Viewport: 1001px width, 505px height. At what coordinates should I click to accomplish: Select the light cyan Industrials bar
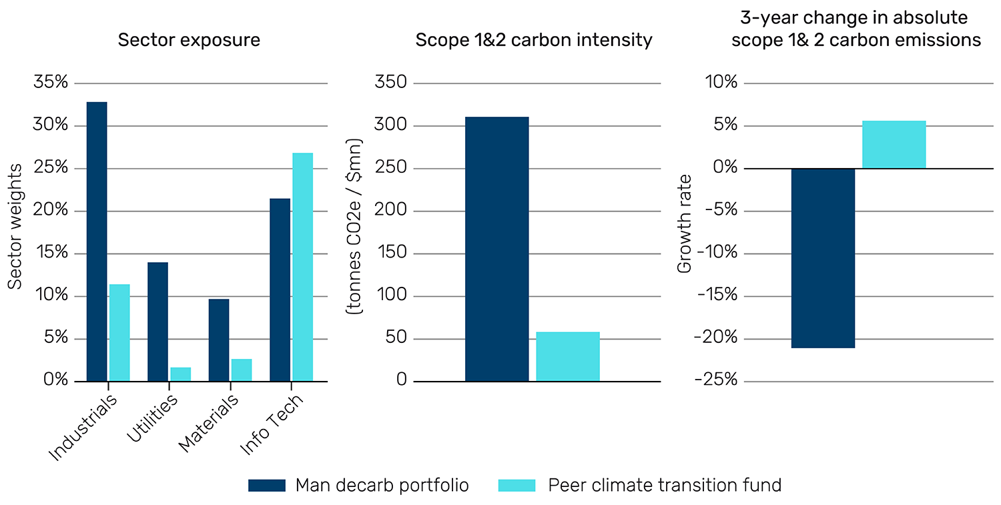click(x=119, y=332)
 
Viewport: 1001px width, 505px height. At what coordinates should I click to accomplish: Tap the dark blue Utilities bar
click(x=157, y=322)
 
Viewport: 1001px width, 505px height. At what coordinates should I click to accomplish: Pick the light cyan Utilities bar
click(x=180, y=374)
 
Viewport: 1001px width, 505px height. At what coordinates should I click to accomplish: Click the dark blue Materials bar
click(x=219, y=340)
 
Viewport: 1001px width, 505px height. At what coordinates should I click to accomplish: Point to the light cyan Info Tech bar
click(x=302, y=267)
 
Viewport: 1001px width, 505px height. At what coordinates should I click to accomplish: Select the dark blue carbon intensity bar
click(x=496, y=249)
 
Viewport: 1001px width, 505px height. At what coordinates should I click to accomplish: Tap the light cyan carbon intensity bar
click(x=568, y=356)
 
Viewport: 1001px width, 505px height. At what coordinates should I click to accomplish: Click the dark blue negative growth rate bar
click(x=823, y=258)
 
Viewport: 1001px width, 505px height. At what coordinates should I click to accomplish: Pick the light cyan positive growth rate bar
click(x=894, y=144)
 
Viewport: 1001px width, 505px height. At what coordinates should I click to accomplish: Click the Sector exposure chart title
click(x=189, y=40)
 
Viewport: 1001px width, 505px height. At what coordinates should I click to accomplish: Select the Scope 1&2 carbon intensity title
click(x=533, y=40)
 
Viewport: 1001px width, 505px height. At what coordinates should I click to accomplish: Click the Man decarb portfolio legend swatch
click(x=266, y=485)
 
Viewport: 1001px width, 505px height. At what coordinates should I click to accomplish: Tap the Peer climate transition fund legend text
click(x=664, y=485)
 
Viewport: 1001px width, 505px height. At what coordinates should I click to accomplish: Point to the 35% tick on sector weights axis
click(x=52, y=83)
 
